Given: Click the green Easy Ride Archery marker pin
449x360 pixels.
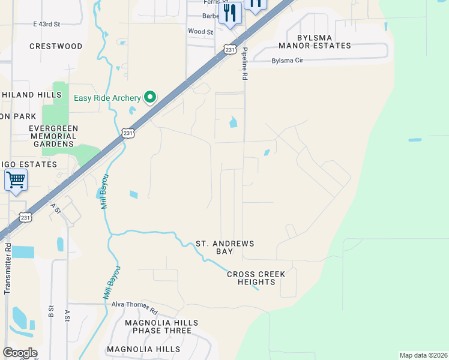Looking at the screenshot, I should (x=150, y=97).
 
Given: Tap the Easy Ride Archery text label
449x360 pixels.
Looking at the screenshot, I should (x=107, y=98).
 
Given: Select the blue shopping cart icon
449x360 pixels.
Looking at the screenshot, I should (x=16, y=179).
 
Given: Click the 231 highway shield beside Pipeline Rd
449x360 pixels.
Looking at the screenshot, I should (x=229, y=50).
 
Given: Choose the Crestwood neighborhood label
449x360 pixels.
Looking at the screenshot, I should (x=56, y=46).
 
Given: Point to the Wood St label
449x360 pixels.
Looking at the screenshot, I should (x=200, y=31).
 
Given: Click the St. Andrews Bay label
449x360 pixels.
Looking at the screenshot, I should (x=225, y=248).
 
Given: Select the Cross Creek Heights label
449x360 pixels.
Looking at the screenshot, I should (x=256, y=278).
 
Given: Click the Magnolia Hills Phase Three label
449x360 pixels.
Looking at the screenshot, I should (x=158, y=327).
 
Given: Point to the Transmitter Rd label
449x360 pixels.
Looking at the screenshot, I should (x=8, y=268).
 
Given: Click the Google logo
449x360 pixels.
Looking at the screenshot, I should (x=19, y=353).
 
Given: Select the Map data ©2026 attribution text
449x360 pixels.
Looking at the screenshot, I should (x=423, y=355).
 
